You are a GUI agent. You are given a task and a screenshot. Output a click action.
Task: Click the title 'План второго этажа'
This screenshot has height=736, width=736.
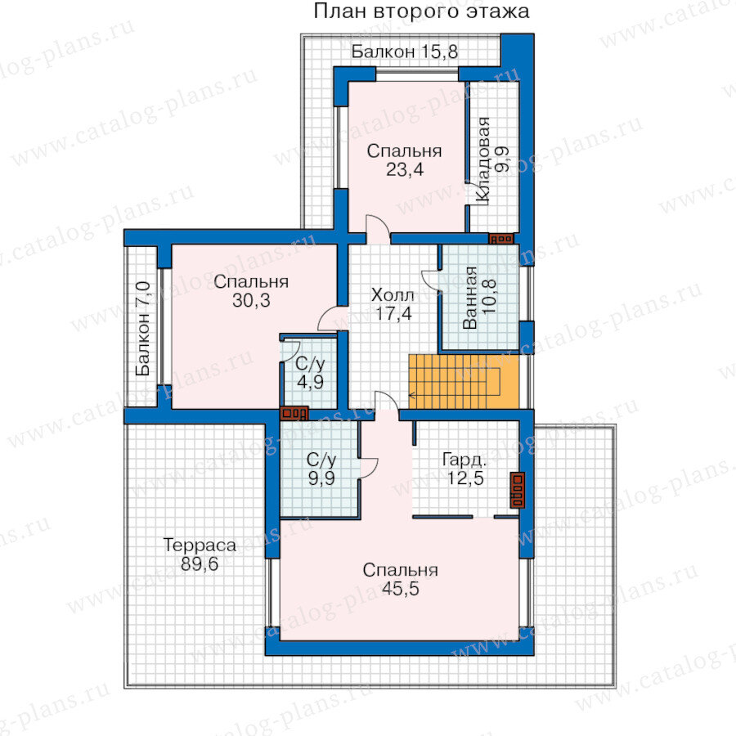(x=421, y=11)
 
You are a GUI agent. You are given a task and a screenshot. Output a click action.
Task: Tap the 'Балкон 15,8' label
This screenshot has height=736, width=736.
(x=405, y=52)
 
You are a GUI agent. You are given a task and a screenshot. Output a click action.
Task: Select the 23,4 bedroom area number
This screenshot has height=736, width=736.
(x=405, y=169)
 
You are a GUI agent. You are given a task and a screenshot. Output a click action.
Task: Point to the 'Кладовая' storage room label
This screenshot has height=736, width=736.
(x=482, y=160)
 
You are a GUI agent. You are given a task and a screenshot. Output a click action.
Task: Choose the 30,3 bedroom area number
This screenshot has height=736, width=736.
(x=251, y=300)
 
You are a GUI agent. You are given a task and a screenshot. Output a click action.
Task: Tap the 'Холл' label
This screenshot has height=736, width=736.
(x=393, y=295)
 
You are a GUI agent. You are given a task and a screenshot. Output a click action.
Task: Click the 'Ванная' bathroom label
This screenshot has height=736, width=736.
(x=469, y=298)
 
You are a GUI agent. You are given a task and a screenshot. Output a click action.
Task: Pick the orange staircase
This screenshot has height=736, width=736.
(x=464, y=382)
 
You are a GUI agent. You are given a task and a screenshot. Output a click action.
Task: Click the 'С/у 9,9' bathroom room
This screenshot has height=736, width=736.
(x=320, y=469)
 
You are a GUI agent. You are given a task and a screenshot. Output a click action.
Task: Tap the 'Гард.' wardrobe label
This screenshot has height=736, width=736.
(x=464, y=460)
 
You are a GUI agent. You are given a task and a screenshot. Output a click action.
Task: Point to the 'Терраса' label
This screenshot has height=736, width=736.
(x=200, y=545)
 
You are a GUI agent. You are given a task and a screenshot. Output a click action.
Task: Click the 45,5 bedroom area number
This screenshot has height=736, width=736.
(x=401, y=589)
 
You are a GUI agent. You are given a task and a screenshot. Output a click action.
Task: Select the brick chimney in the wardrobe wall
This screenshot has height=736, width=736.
(x=518, y=490)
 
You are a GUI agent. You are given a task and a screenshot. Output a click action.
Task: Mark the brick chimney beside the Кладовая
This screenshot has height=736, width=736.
(x=501, y=239)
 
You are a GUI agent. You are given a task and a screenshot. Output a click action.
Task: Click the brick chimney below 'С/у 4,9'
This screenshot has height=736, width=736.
(x=294, y=414)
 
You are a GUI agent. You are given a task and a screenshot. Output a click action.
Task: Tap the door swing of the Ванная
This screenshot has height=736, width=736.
(x=430, y=281)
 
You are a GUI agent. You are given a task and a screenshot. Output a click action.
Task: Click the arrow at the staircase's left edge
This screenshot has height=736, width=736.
(x=411, y=395)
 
